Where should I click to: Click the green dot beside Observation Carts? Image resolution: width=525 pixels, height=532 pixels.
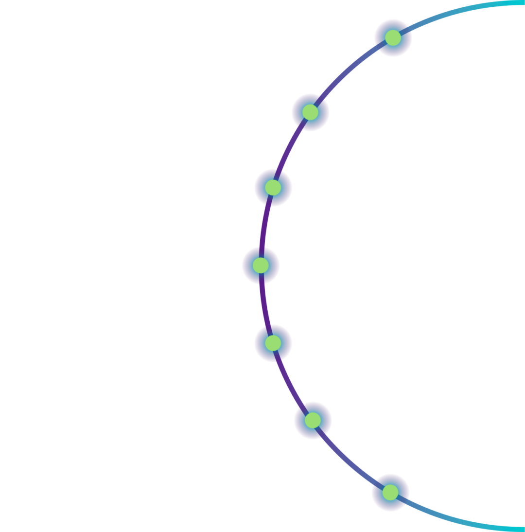393,37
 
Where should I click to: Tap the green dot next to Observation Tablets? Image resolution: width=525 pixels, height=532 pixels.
310,112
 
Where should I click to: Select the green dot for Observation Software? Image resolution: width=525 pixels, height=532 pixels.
273,188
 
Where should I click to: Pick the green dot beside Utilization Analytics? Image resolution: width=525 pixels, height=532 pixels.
261,266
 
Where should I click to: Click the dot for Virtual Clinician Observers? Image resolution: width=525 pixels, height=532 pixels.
273,343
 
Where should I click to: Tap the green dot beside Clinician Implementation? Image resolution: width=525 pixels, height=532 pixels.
313,420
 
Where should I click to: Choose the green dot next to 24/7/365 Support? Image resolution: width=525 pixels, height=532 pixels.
390,493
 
